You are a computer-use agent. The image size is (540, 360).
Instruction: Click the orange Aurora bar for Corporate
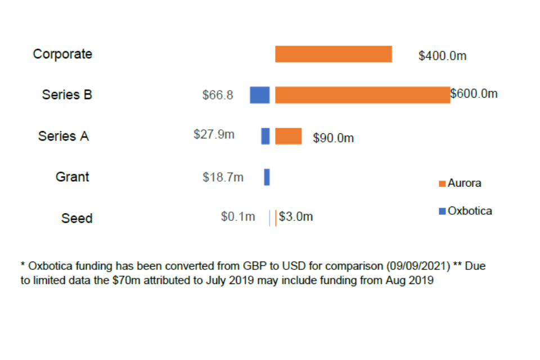point(333,54)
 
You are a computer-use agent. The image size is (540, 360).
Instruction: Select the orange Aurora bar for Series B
point(362,95)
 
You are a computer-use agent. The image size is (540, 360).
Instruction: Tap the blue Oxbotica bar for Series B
point(259,95)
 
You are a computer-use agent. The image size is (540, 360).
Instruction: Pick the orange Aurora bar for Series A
point(288,136)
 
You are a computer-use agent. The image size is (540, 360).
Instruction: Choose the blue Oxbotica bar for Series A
point(265,136)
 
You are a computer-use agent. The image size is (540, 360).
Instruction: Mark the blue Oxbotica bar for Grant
point(267,177)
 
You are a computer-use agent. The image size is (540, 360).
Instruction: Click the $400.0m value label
point(442,56)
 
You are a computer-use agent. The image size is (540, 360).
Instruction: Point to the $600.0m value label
point(474,94)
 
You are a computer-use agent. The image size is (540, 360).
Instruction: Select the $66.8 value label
point(218,95)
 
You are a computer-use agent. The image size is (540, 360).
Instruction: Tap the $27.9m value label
point(214,134)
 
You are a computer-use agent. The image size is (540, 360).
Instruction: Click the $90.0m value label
point(334,138)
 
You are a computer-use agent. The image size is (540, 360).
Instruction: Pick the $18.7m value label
point(223,177)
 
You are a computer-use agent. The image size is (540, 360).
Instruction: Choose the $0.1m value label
point(238,217)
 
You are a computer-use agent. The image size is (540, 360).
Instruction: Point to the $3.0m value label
point(296,217)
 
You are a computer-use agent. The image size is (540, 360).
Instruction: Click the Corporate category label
point(62,54)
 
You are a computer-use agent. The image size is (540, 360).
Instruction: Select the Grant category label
point(72,177)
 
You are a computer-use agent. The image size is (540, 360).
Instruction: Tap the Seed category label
point(76,218)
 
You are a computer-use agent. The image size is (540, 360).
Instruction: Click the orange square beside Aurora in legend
point(442,184)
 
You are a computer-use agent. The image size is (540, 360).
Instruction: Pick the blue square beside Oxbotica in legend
point(442,211)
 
